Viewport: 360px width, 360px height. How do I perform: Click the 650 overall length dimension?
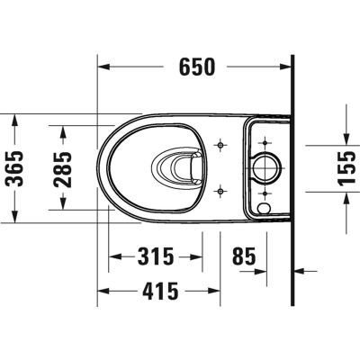(194, 66)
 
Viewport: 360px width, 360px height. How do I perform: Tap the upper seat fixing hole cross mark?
(221, 143)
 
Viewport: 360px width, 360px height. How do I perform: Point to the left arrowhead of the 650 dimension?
(103, 67)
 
